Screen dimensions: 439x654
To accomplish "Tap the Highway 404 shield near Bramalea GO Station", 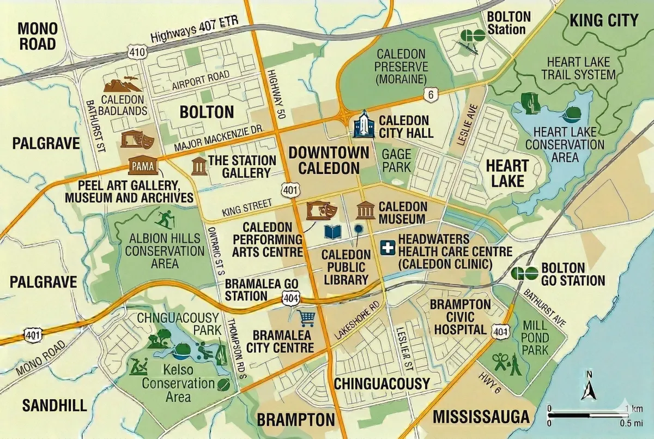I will pyautogui.click(x=290, y=297).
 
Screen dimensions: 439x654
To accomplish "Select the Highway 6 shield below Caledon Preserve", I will pyautogui.click(x=431, y=95).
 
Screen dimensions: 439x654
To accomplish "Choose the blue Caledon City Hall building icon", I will pyautogui.click(x=362, y=125).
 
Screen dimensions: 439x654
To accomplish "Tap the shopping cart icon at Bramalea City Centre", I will pyautogui.click(x=306, y=317).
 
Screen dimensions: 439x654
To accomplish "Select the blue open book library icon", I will pyautogui.click(x=332, y=232).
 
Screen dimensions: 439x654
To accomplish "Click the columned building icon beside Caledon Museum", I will pyautogui.click(x=365, y=210).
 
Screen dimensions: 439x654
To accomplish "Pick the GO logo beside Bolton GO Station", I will pyautogui.click(x=524, y=273).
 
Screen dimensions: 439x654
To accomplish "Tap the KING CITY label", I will pyautogui.click(x=603, y=21).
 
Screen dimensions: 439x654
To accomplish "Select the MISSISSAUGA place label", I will pyautogui.click(x=481, y=417).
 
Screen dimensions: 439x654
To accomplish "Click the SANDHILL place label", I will pyautogui.click(x=55, y=405).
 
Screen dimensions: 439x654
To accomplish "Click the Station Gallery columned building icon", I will pyautogui.click(x=198, y=165).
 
